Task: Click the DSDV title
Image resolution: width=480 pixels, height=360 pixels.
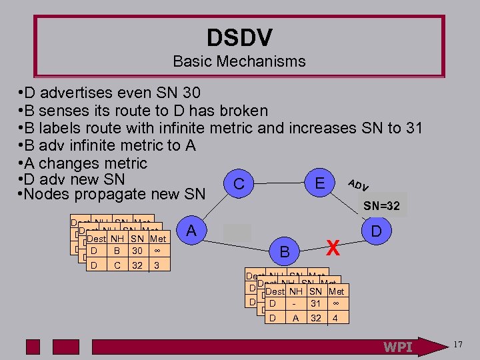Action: click(239, 37)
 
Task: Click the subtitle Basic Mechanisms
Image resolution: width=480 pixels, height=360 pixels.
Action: click(239, 62)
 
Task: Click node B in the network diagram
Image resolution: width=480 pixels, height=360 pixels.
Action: click(285, 252)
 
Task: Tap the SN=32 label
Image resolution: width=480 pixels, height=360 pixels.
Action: click(381, 207)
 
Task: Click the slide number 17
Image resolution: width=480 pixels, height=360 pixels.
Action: click(457, 345)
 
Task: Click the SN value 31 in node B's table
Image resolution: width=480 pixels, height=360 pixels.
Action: click(317, 305)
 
